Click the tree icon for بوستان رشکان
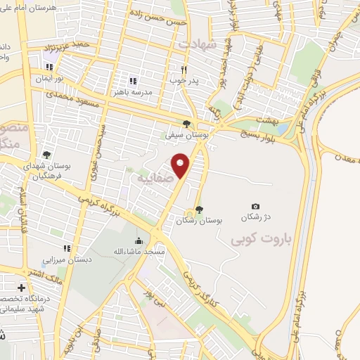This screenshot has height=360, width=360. click(199, 208)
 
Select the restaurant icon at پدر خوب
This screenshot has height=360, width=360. click(184, 69)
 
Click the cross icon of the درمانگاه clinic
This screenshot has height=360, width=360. click(21, 288)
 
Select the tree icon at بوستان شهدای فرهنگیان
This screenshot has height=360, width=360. click(46, 155)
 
